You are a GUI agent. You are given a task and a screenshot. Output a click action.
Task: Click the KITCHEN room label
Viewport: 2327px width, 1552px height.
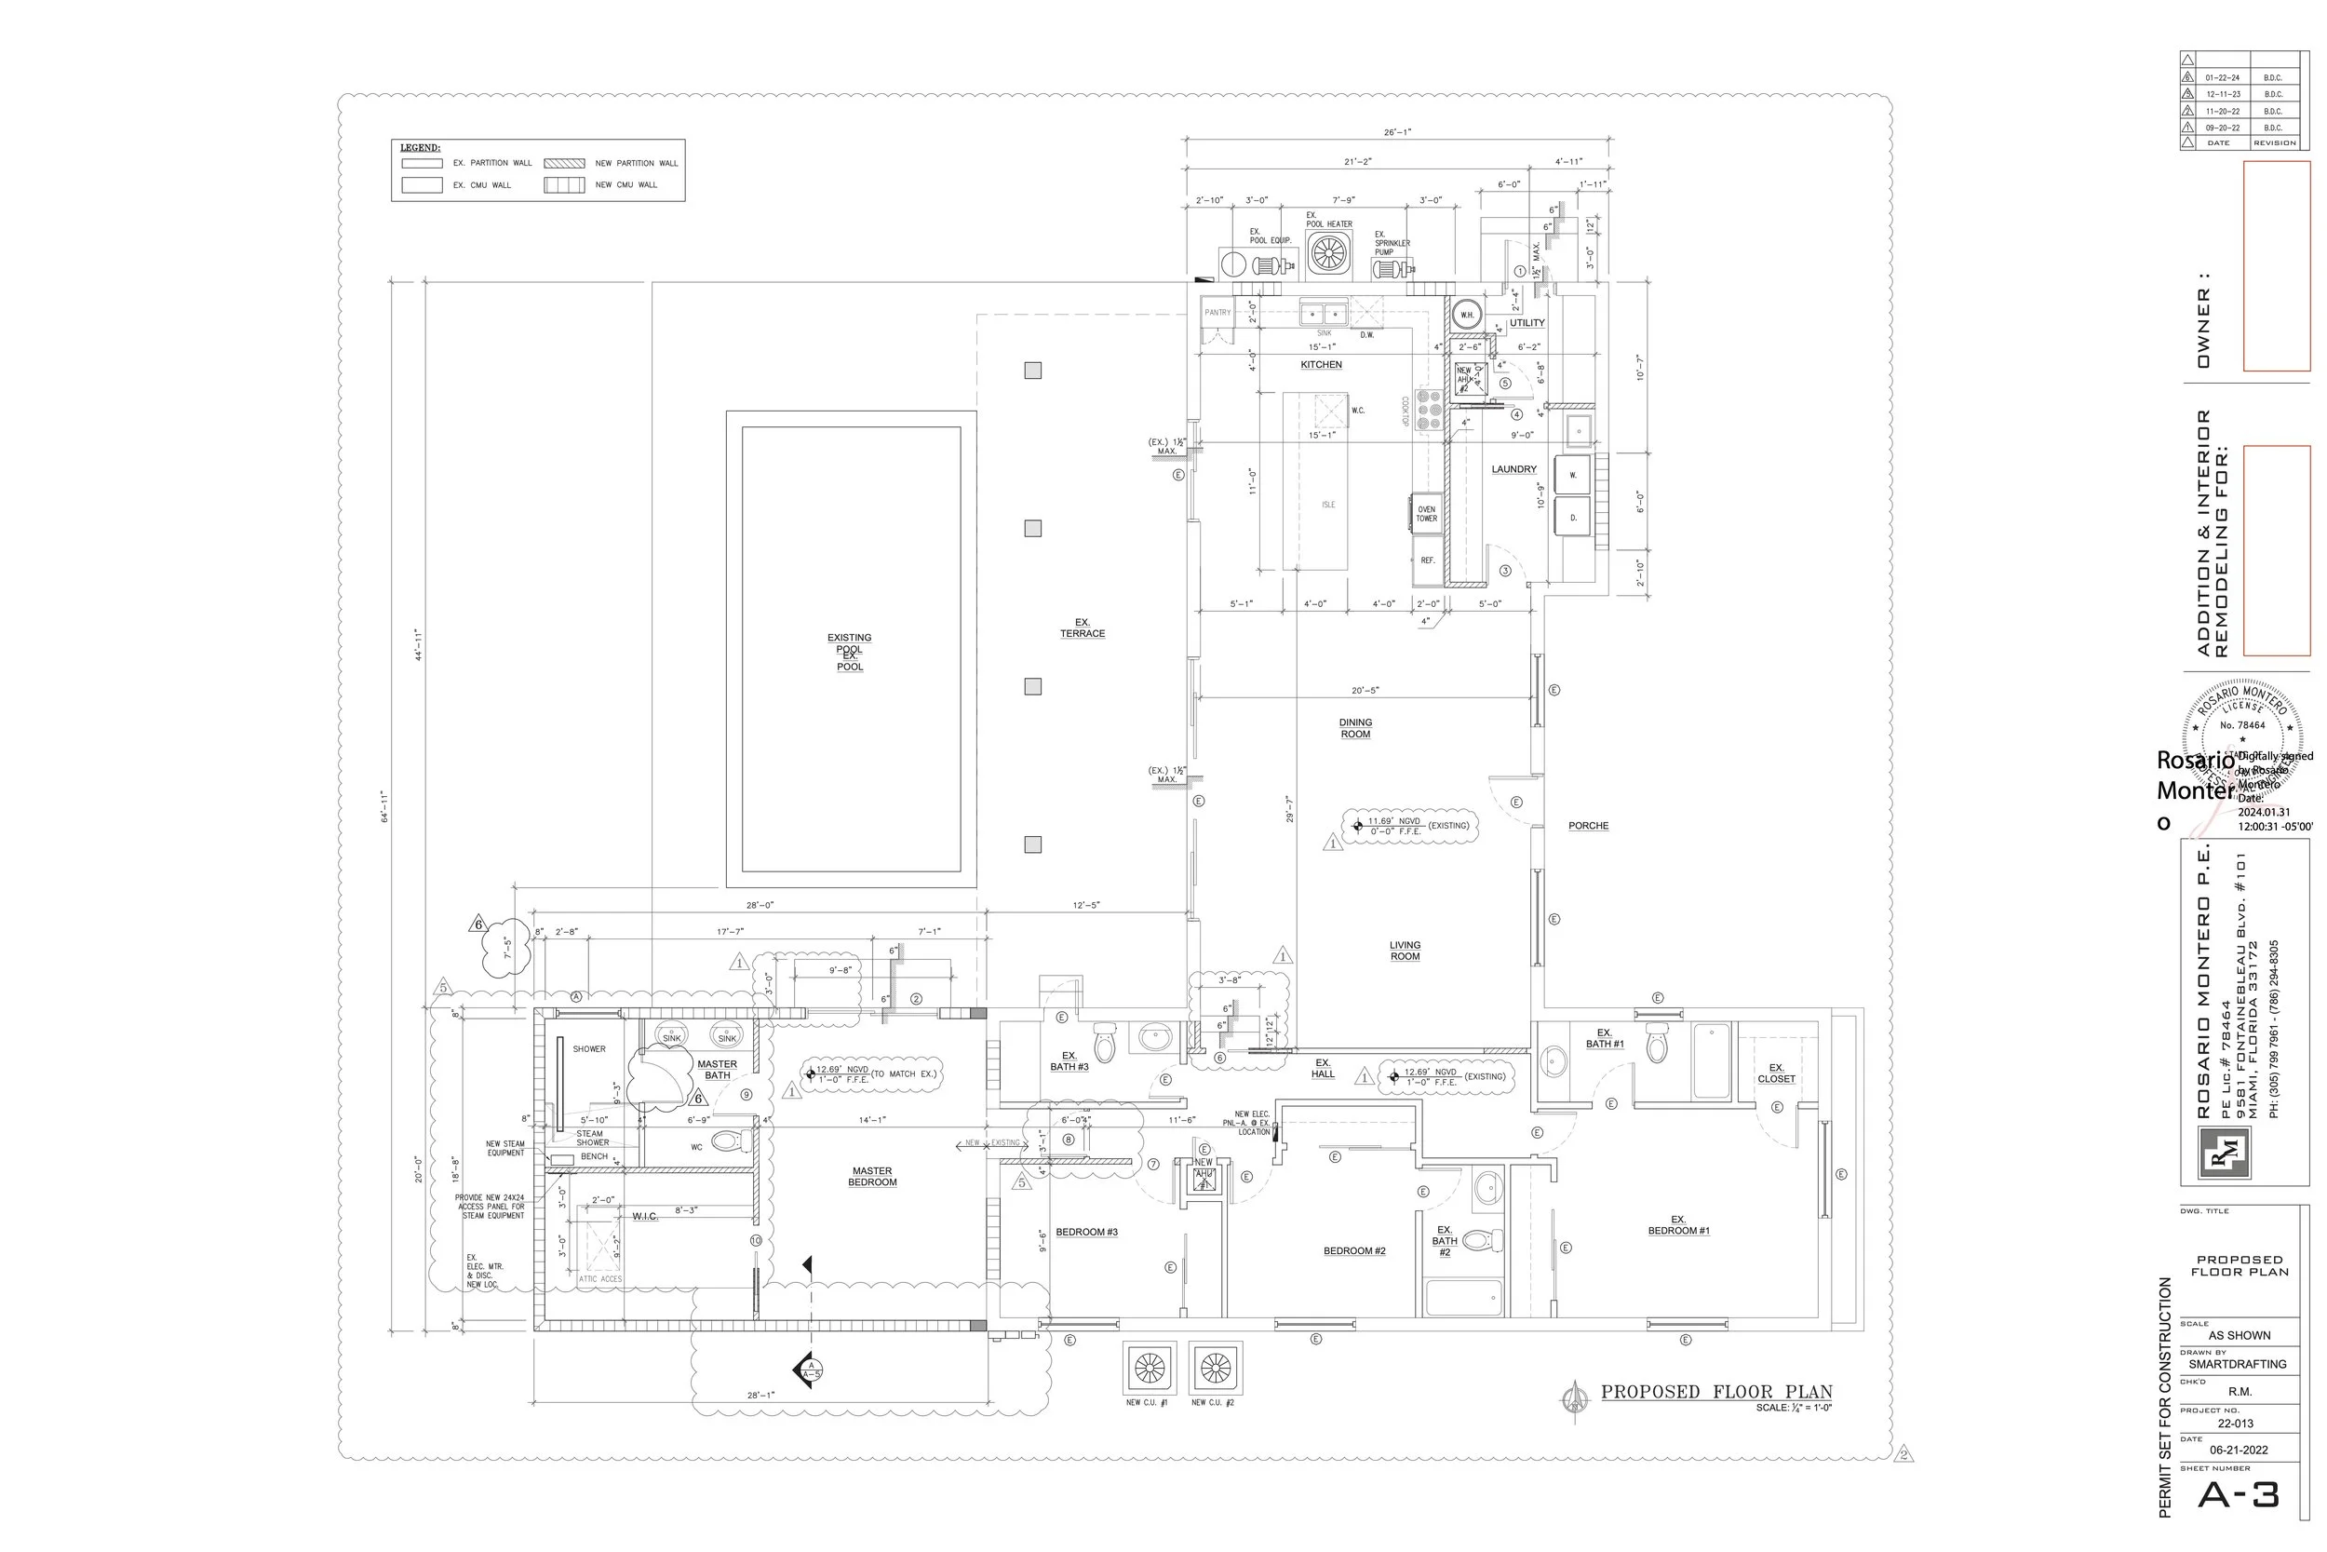coord(1321,365)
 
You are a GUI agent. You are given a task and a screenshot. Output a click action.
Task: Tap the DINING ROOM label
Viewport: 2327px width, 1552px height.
coord(1355,728)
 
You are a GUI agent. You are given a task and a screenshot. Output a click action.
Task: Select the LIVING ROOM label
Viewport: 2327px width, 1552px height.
coord(1405,951)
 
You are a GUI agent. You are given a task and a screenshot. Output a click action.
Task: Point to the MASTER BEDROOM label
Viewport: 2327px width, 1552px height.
coord(871,1177)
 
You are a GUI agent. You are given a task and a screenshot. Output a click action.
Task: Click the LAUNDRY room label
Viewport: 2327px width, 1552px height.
coord(1513,470)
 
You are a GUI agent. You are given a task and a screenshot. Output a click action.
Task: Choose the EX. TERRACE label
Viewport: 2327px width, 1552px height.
coord(1083,628)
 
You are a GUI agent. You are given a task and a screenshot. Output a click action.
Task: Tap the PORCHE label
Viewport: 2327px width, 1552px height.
coord(1588,827)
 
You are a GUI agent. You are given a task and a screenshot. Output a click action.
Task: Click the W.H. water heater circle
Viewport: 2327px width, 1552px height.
coord(1466,315)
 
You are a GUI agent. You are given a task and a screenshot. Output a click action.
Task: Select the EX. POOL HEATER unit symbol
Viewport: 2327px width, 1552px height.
coord(1327,253)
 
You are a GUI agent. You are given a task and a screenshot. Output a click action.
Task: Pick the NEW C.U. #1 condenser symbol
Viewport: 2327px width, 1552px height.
coord(1150,1369)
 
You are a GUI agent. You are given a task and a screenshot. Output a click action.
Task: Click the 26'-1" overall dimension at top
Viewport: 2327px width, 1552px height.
coord(1397,132)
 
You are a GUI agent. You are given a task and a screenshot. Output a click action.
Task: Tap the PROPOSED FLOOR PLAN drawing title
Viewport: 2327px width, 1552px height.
coord(1716,1393)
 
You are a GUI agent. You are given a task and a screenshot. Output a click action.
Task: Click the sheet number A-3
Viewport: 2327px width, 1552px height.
coord(2238,1494)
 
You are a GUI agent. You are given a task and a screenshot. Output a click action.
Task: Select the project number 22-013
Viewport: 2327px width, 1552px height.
coord(2235,1424)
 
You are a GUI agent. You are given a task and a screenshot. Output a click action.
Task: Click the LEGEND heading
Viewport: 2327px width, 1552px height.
coord(420,148)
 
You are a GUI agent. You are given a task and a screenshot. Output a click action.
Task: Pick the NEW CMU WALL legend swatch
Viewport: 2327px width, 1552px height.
coord(564,185)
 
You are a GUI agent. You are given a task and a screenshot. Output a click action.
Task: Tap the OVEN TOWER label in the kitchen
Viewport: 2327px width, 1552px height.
coord(1426,514)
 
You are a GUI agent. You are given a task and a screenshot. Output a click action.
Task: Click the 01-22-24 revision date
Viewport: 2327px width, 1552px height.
coord(2222,78)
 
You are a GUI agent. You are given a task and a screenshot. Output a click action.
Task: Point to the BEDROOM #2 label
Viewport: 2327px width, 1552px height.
coord(1354,1251)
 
